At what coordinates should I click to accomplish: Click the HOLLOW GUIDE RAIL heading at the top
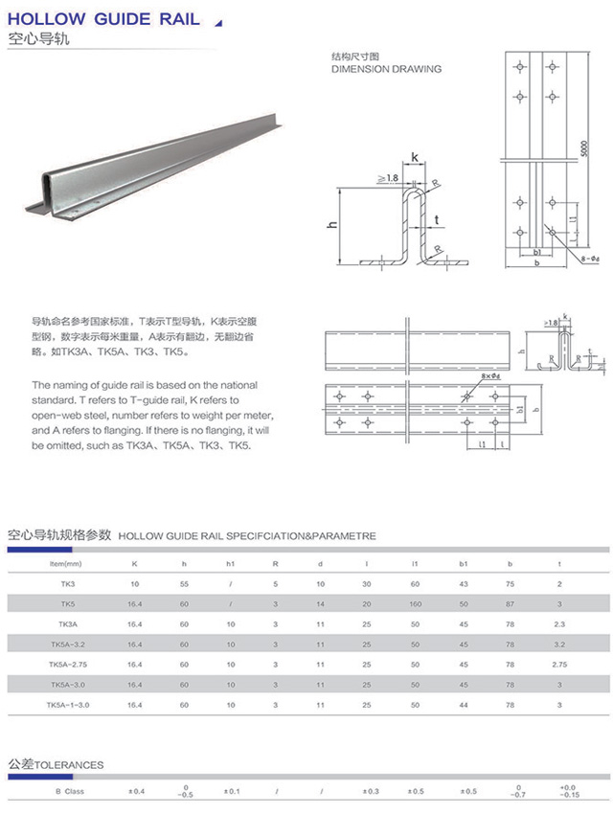coord(103,19)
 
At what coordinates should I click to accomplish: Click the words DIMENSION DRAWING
coord(386,69)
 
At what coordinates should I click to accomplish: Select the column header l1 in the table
coord(415,563)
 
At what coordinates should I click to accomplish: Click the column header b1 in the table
coord(464,563)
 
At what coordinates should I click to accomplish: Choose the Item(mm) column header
coord(67,563)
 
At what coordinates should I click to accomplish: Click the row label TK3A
coord(67,623)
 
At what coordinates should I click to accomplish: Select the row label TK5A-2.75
coord(67,664)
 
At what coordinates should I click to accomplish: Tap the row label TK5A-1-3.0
coord(67,704)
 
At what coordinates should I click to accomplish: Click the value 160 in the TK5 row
coord(415,603)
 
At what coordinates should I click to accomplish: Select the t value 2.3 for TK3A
coord(559,623)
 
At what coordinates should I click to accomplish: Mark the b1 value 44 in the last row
coord(464,704)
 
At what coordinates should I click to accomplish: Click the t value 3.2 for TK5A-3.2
coord(559,644)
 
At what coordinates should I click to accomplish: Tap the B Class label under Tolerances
coord(69,791)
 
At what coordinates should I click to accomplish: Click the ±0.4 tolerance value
coord(137,791)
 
